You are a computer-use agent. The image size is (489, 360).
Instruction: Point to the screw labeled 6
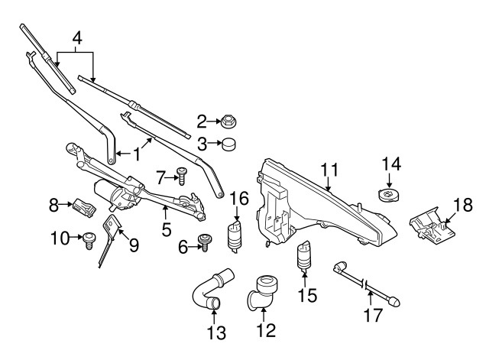click(x=205, y=242)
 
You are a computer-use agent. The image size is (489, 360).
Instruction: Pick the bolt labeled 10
click(x=89, y=239)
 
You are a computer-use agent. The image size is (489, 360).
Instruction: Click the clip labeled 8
click(x=83, y=205)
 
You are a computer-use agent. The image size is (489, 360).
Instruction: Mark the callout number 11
click(x=329, y=170)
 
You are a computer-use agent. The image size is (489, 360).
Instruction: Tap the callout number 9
click(x=134, y=245)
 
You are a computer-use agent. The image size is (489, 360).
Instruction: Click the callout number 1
click(x=137, y=154)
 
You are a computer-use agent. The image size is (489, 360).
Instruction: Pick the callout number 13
click(x=217, y=333)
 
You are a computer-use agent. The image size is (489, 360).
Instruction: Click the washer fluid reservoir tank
click(x=321, y=202)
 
